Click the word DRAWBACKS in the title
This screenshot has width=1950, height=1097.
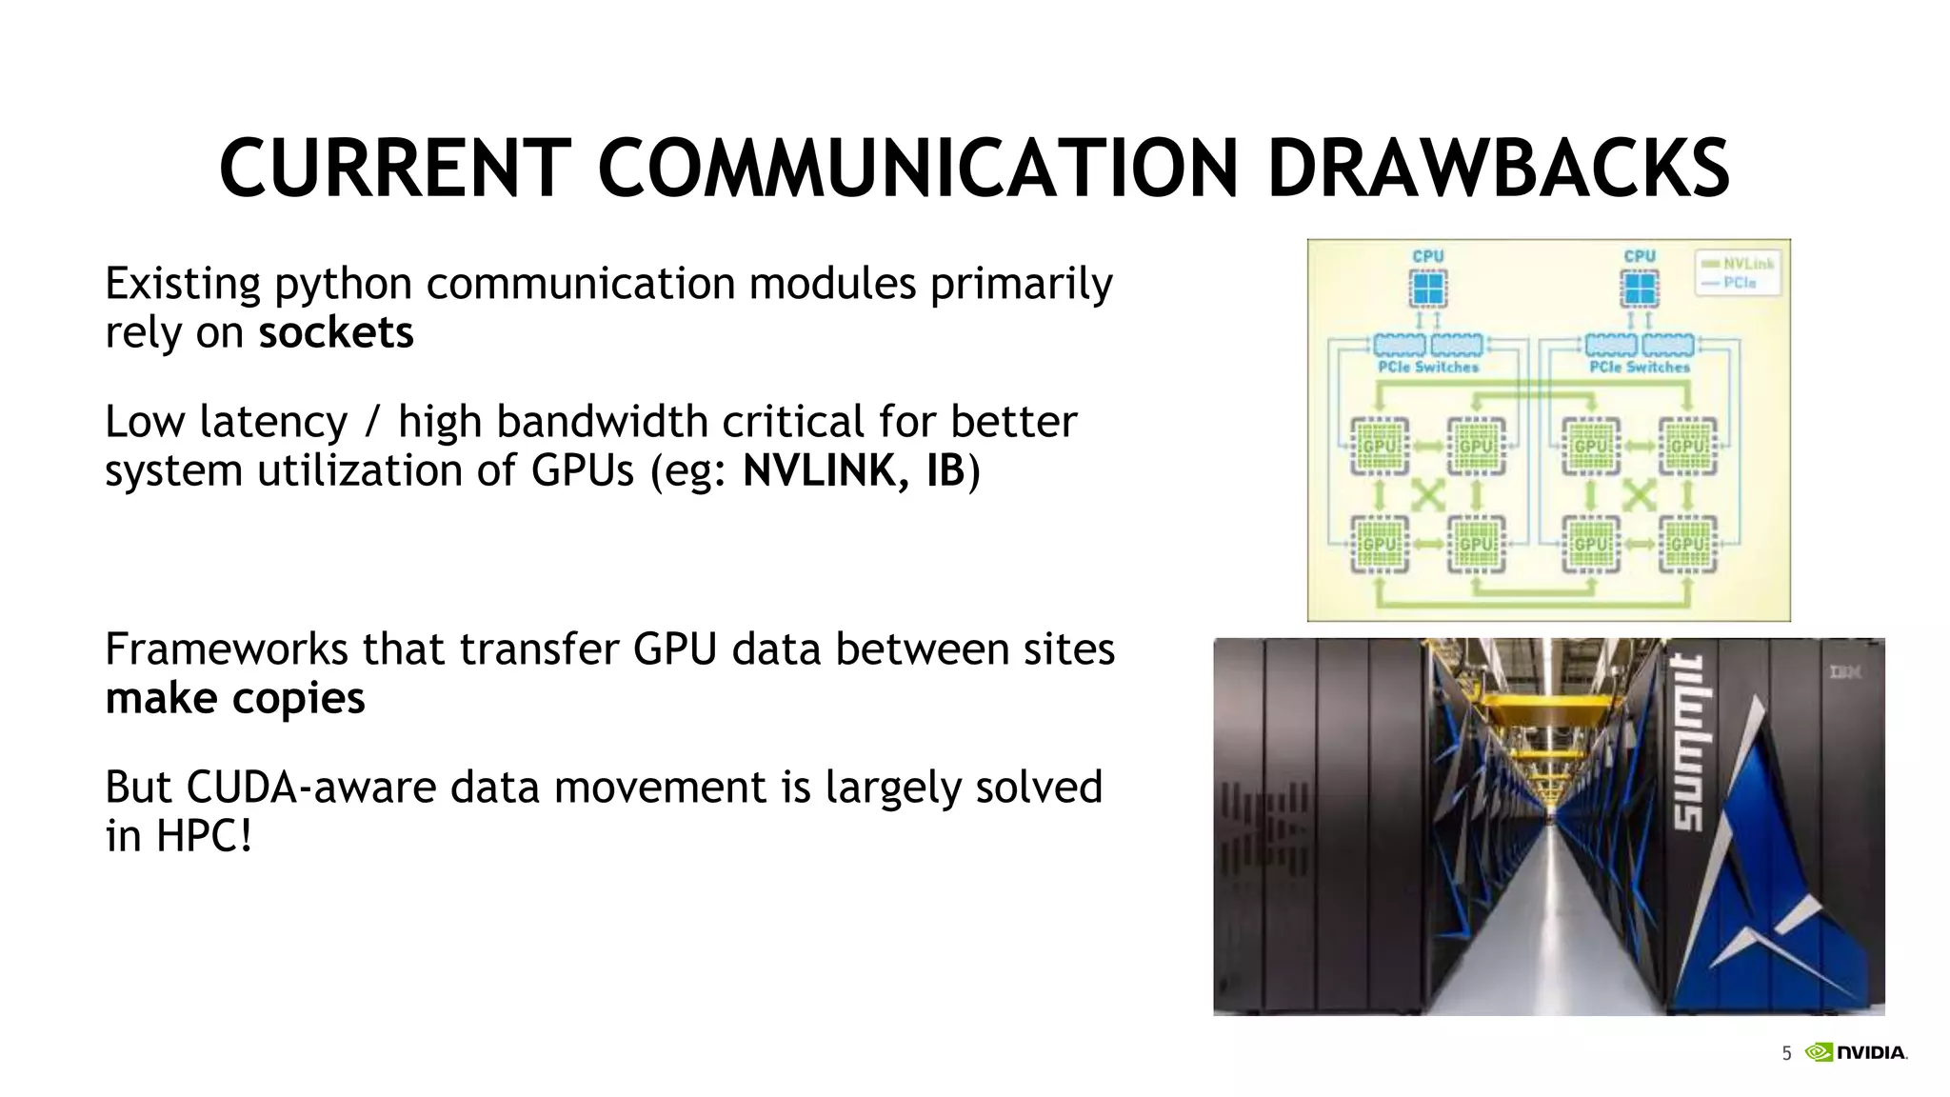1498,170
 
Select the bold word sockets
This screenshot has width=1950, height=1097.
335,333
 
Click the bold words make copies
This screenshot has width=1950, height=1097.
235,699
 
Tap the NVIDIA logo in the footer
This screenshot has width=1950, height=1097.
1857,1052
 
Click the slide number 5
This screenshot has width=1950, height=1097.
1786,1053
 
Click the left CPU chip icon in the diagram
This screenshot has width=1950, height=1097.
1427,288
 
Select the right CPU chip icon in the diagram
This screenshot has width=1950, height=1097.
1639,288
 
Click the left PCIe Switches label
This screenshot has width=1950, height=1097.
1428,367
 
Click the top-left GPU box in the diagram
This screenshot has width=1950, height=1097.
1379,446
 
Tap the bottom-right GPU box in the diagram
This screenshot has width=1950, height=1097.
1687,544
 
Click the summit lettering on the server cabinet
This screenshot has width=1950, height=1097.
1689,743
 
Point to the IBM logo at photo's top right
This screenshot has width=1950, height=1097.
1845,672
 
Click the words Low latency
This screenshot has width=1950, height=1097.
227,423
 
